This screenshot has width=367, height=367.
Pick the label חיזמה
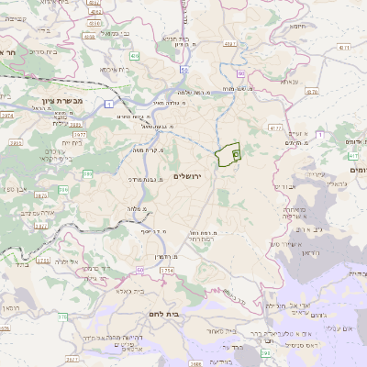tap(302, 28)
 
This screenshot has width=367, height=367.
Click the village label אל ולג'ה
tap(71, 261)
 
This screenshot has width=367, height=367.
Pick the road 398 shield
tap(266, 351)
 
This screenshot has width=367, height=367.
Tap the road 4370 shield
tap(311, 92)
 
